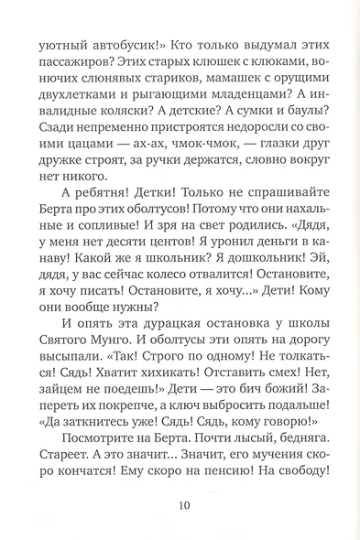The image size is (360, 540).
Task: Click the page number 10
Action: coord(180,526)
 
